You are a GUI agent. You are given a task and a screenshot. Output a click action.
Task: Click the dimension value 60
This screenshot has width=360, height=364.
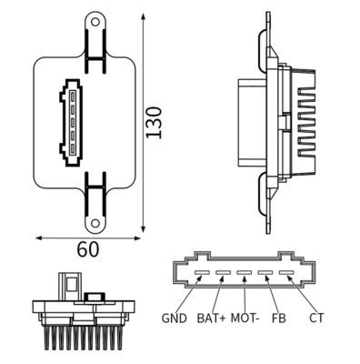88,248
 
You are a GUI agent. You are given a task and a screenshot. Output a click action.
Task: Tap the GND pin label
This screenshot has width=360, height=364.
174,318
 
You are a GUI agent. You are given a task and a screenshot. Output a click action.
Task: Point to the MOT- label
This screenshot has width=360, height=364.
244,318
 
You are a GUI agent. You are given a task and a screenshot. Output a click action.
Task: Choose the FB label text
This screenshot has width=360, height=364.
278,318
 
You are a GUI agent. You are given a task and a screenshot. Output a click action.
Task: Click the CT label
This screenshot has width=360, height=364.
316,318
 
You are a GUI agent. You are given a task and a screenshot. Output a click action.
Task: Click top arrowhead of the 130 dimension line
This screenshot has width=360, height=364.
144,15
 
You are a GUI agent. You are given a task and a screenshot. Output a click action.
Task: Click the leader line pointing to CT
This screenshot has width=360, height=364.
299,292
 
